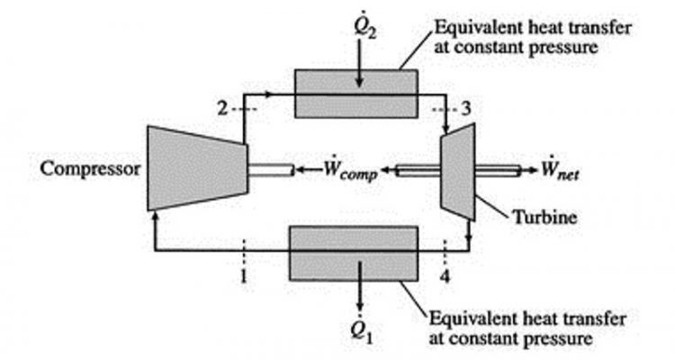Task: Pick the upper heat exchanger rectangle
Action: coord(356,93)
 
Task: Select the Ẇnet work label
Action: coord(562,169)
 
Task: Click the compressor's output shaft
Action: coord(271,169)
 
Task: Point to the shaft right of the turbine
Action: coord(499,169)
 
